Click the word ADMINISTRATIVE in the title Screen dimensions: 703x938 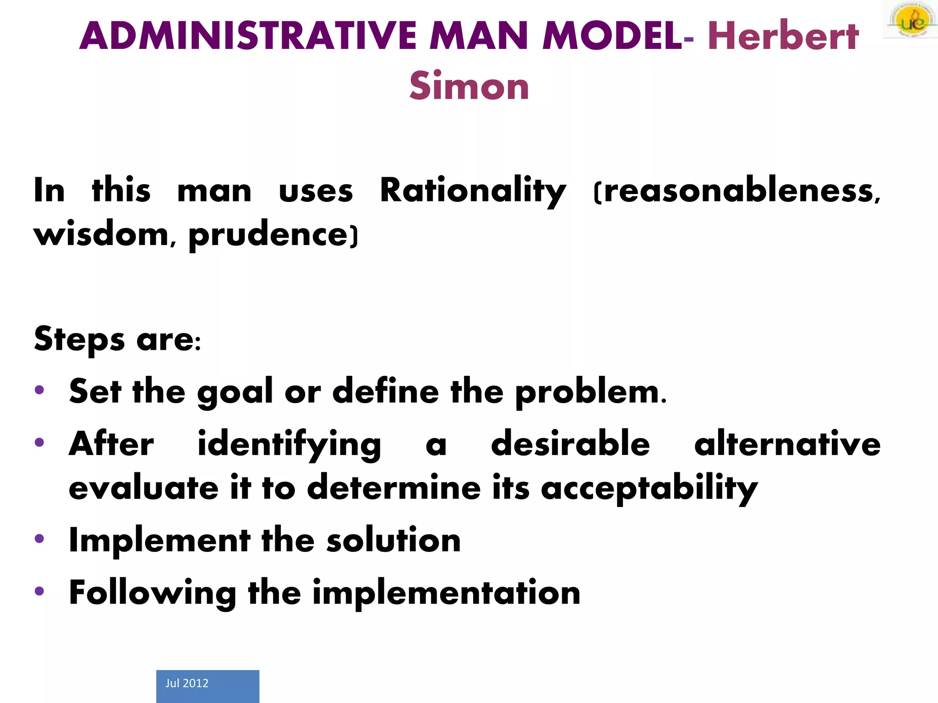(x=247, y=37)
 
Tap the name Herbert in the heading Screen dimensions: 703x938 (x=783, y=37)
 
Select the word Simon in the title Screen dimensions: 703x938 (x=469, y=86)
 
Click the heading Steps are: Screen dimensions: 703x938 (x=117, y=340)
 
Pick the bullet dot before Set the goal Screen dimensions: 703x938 (x=39, y=390)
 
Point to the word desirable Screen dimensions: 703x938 (x=570, y=444)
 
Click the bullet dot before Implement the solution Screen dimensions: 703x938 (x=39, y=539)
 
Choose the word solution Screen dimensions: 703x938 (x=393, y=540)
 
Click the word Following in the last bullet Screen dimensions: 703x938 (x=152, y=593)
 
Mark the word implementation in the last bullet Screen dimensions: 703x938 (x=447, y=593)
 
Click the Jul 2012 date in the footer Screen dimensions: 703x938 (x=187, y=683)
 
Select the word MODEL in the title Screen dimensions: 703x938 (x=612, y=37)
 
